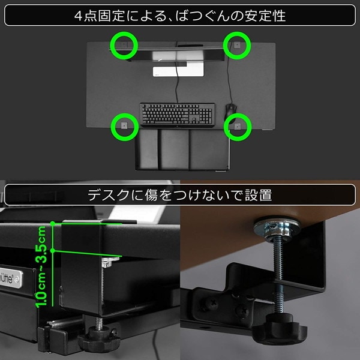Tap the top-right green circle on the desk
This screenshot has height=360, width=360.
coord(237,44)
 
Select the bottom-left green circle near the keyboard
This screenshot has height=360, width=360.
coord(124,126)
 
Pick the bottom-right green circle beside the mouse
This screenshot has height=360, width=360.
coord(238,126)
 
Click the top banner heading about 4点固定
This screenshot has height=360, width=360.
coord(180,16)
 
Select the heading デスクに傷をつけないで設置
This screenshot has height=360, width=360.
coord(180,195)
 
